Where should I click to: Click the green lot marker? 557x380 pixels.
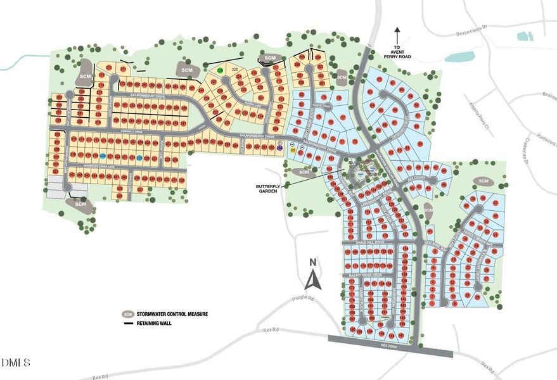220,70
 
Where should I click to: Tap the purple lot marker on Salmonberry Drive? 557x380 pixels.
280,147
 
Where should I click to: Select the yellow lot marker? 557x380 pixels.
292,151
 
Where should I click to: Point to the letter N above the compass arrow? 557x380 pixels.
312,262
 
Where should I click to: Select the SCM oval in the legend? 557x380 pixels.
128,314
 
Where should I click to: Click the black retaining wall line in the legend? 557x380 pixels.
128,323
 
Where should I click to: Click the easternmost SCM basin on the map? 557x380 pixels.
485,182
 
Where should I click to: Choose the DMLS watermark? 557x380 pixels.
16,362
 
